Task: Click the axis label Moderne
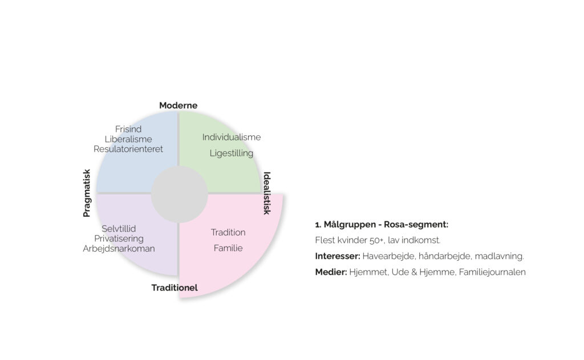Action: pyautogui.click(x=178, y=106)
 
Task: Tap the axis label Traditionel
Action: pyautogui.click(x=175, y=288)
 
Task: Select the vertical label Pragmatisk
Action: pyautogui.click(x=87, y=193)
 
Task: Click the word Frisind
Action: pyautogui.click(x=128, y=129)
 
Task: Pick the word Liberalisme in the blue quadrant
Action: pyautogui.click(x=128, y=139)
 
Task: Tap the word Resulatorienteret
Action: pyautogui.click(x=128, y=149)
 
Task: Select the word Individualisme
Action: pyautogui.click(x=232, y=137)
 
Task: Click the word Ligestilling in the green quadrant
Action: pyautogui.click(x=232, y=153)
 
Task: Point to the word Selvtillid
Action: pyautogui.click(x=119, y=228)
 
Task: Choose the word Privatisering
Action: pyautogui.click(x=119, y=238)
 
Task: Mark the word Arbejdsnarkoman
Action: pyautogui.click(x=119, y=248)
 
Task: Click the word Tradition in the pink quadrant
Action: pyautogui.click(x=228, y=232)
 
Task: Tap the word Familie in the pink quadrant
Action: pyautogui.click(x=228, y=248)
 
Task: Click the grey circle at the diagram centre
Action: pyautogui.click(x=179, y=195)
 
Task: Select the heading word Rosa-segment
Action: pyautogui.click(x=417, y=224)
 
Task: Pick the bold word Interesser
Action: pyautogui.click(x=336, y=256)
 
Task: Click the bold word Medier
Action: pyautogui.click(x=330, y=272)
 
